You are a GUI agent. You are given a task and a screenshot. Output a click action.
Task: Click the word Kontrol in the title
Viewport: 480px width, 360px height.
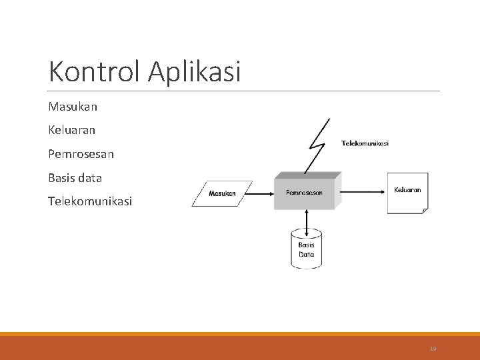click(x=95, y=72)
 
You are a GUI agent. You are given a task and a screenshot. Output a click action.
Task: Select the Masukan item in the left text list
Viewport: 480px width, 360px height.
click(x=73, y=106)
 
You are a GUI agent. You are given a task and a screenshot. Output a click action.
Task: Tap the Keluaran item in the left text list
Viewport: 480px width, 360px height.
click(x=72, y=130)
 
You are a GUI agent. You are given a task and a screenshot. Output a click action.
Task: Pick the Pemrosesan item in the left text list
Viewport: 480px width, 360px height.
click(x=81, y=154)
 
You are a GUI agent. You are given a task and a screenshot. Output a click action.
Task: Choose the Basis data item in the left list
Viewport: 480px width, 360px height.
click(x=75, y=178)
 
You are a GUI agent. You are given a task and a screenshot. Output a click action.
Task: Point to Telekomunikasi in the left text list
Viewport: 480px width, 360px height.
click(x=90, y=201)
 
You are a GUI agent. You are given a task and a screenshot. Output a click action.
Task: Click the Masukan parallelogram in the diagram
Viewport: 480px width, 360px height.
click(x=223, y=193)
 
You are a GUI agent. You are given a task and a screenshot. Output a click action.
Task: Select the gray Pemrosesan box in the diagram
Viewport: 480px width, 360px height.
click(x=305, y=193)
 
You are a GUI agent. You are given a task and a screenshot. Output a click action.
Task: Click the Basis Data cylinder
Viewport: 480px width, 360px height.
click(x=306, y=249)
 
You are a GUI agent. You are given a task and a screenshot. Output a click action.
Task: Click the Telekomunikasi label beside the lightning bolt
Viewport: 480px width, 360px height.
click(x=365, y=143)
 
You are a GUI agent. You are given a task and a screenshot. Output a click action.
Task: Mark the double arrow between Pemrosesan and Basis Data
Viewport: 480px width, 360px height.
click(x=306, y=219)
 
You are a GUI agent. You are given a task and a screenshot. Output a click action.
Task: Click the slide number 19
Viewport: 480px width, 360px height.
click(x=433, y=349)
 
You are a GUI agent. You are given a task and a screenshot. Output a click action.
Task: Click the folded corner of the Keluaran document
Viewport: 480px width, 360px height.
click(x=423, y=210)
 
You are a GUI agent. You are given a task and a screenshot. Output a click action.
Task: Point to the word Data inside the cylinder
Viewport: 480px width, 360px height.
click(x=306, y=254)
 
